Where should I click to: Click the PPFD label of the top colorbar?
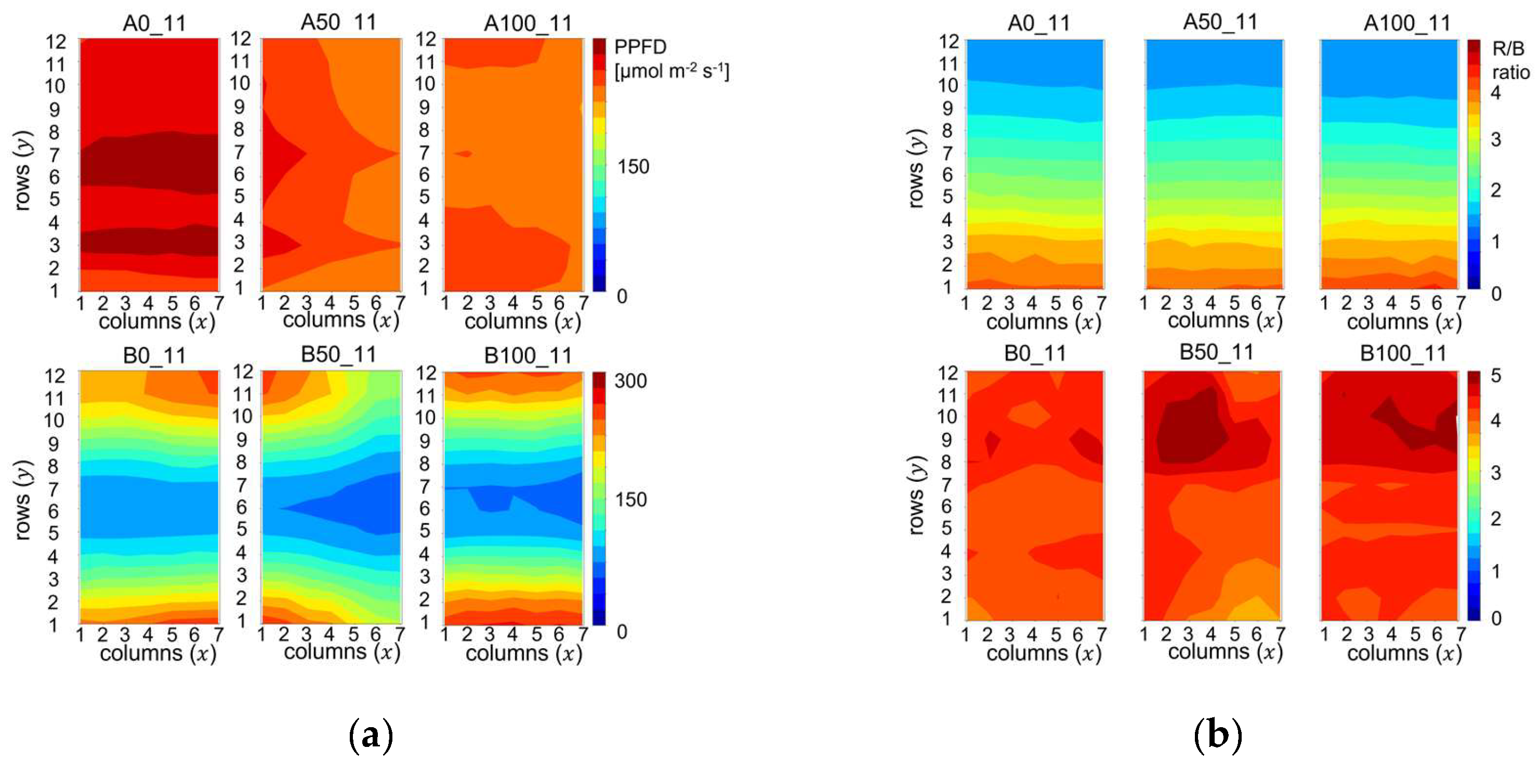click(640, 47)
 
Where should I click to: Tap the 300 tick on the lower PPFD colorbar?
click(630, 380)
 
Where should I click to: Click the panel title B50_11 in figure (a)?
click(338, 354)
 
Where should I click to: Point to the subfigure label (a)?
click(371, 734)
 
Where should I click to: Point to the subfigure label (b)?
click(1218, 734)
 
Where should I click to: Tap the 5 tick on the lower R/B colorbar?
click(1496, 376)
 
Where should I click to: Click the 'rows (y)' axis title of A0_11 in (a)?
click(23, 170)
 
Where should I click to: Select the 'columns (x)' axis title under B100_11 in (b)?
click(1404, 653)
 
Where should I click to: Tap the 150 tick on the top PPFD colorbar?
click(633, 166)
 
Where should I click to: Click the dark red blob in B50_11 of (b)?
click(1190, 430)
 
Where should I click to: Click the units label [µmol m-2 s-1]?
click(672, 72)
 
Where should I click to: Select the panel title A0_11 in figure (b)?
click(1038, 23)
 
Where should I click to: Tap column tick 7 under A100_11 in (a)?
click(583, 303)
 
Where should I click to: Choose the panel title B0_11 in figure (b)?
click(1035, 354)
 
